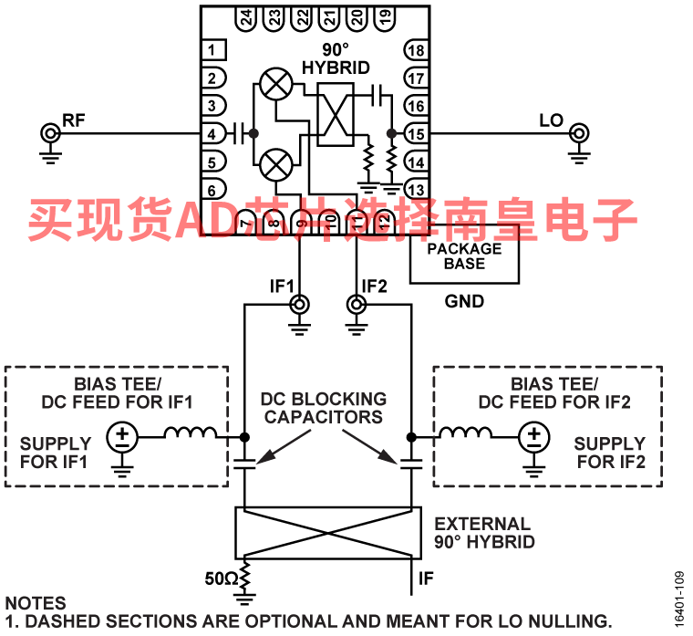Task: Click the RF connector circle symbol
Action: tap(49, 134)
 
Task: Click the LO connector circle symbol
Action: tap(578, 134)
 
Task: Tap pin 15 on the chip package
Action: tap(415, 134)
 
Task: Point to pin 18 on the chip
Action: tap(415, 51)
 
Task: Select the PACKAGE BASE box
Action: tap(464, 255)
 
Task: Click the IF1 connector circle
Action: tap(297, 303)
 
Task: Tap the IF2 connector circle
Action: tap(356, 303)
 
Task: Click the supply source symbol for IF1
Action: tap(121, 437)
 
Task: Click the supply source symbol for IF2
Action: tap(533, 437)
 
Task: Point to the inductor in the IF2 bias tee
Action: tap(463, 434)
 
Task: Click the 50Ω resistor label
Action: tap(222, 578)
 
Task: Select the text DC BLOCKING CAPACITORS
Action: tap(323, 408)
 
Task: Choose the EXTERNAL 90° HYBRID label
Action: tap(483, 532)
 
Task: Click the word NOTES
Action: tap(36, 603)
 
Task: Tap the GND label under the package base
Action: tap(464, 301)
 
